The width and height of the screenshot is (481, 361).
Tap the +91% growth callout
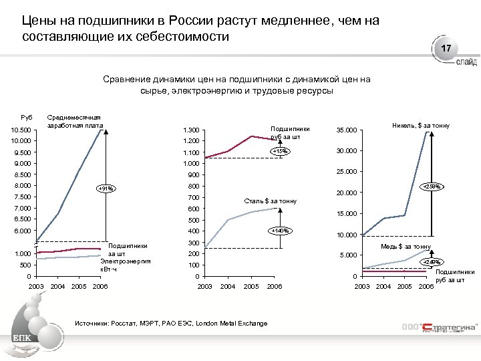106,189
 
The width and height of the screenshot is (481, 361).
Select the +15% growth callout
279,152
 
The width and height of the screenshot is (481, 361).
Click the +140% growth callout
279,231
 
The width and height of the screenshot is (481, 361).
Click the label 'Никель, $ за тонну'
421,126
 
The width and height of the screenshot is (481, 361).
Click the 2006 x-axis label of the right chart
426,287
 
